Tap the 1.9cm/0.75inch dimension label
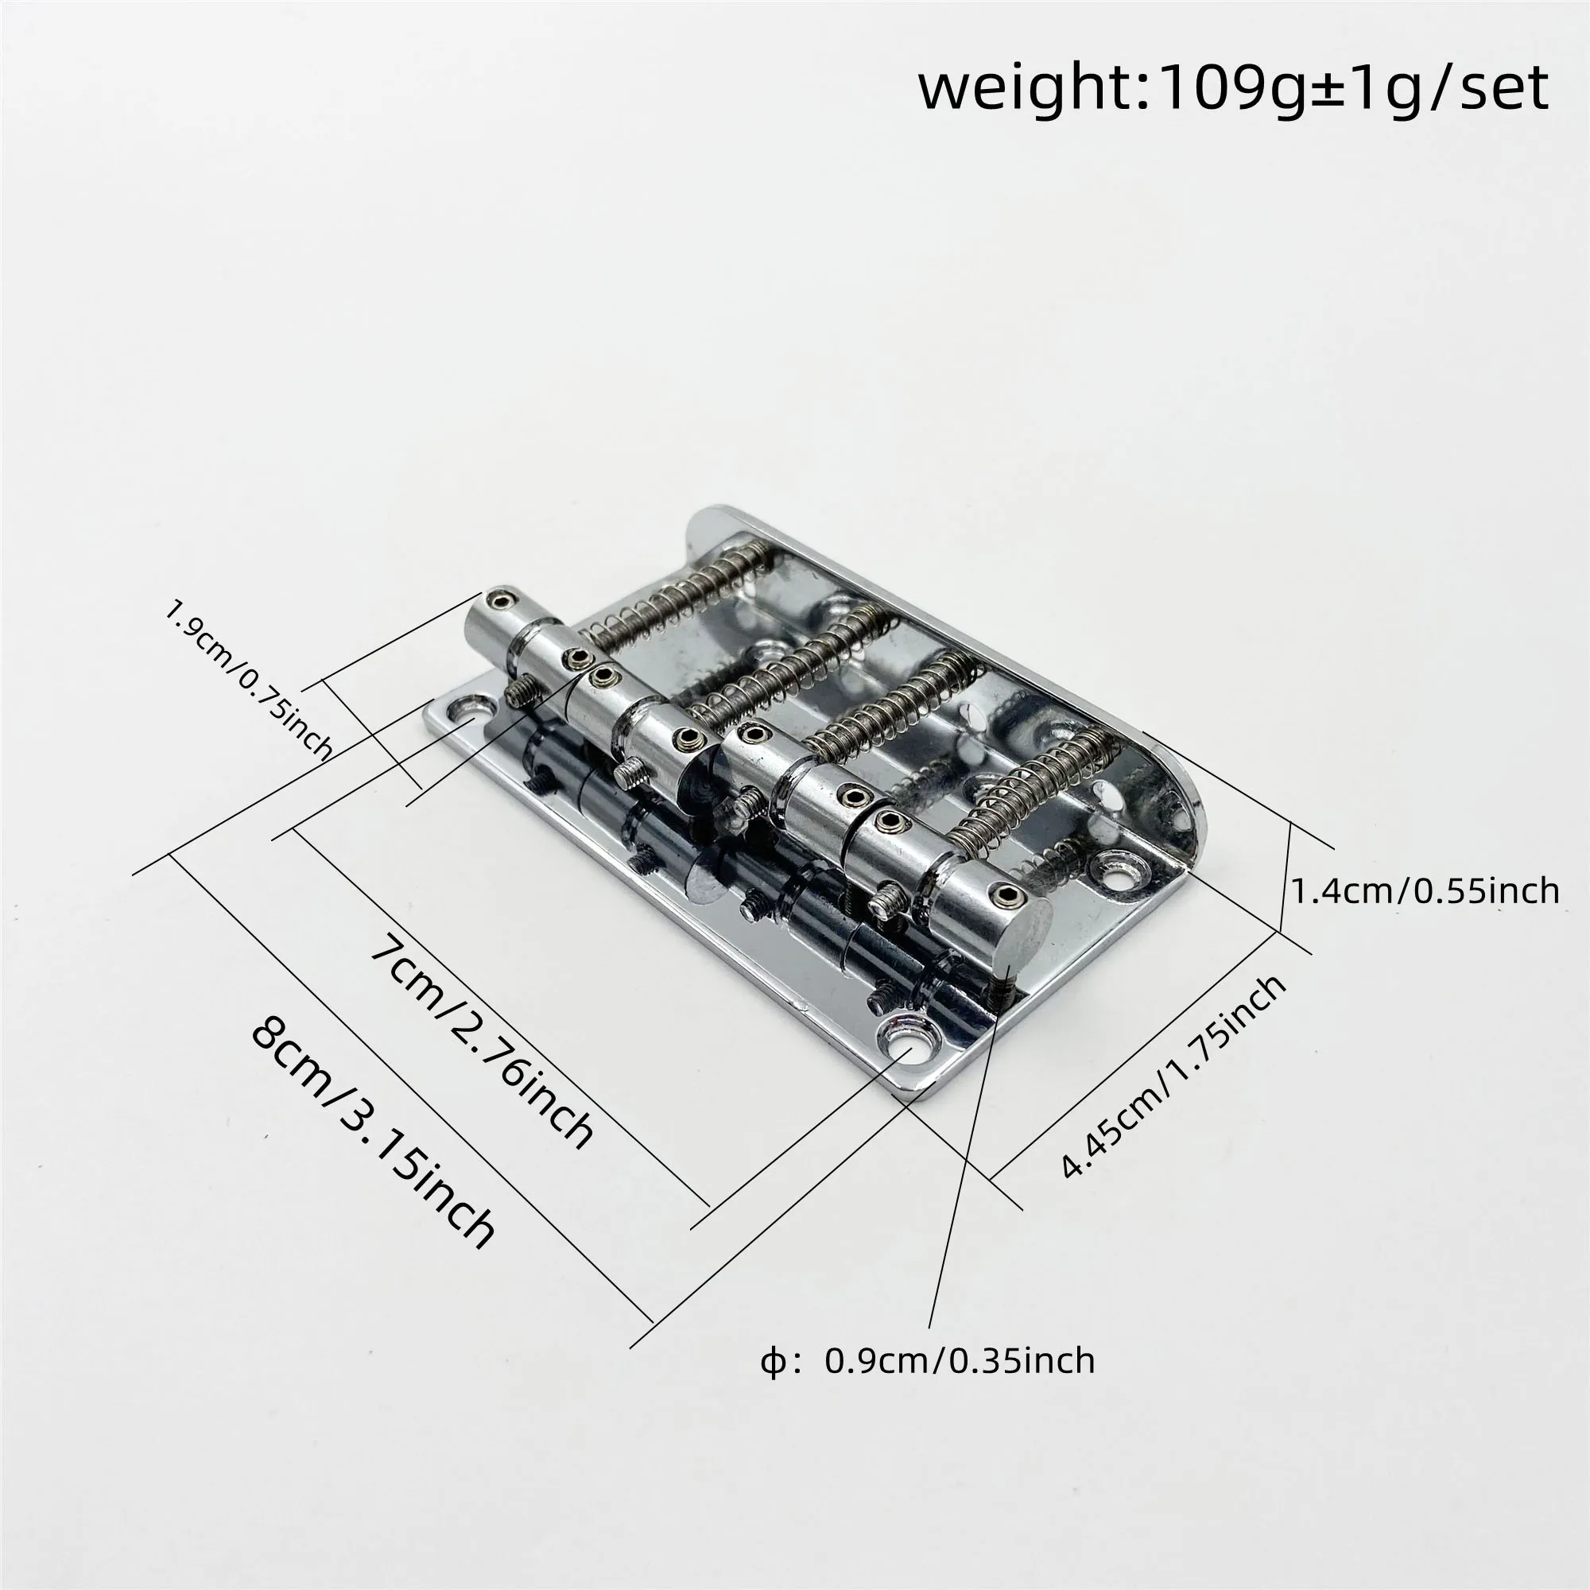click(249, 680)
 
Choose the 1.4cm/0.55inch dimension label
click(1424, 891)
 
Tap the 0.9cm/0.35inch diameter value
click(960, 1360)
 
